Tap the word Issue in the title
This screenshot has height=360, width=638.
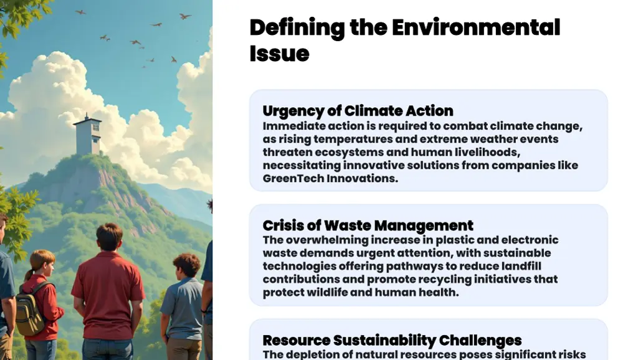click(x=279, y=54)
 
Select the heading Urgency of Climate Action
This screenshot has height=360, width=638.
click(x=358, y=111)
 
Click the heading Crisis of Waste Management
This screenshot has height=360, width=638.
click(x=368, y=225)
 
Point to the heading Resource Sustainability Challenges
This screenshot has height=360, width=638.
click(x=392, y=340)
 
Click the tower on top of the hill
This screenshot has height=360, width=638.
click(x=88, y=134)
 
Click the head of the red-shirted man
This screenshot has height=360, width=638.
click(x=109, y=237)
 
